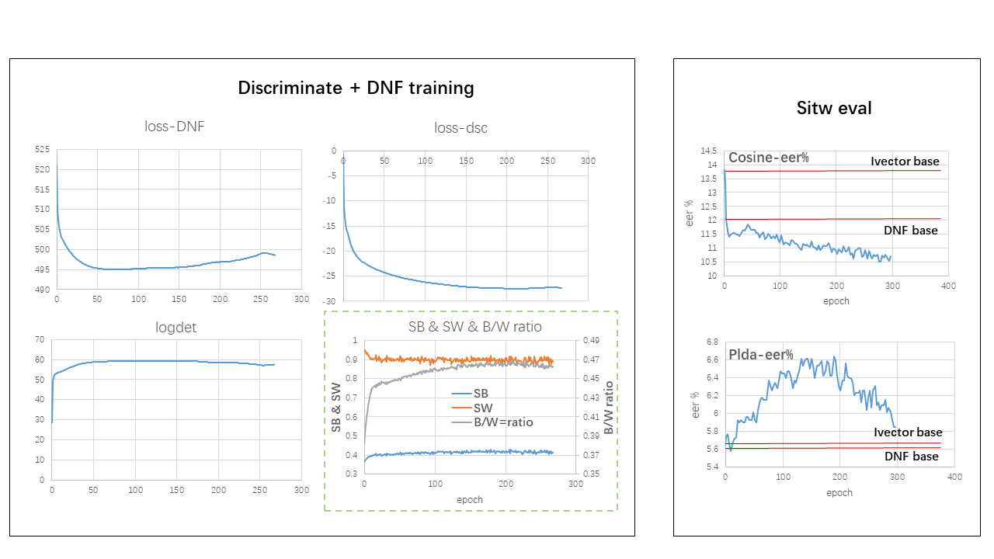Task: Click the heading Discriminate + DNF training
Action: click(x=356, y=88)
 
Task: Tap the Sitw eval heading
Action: click(x=834, y=108)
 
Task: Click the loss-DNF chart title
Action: click(x=175, y=127)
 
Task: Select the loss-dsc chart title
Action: click(x=461, y=128)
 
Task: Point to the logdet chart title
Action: click(x=176, y=327)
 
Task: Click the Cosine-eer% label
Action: click(x=768, y=158)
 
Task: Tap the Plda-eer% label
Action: click(x=760, y=355)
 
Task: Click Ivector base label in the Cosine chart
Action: click(x=905, y=161)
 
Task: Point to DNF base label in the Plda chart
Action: click(x=912, y=457)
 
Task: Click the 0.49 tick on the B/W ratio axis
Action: click(x=593, y=340)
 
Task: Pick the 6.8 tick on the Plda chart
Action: click(x=711, y=342)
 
